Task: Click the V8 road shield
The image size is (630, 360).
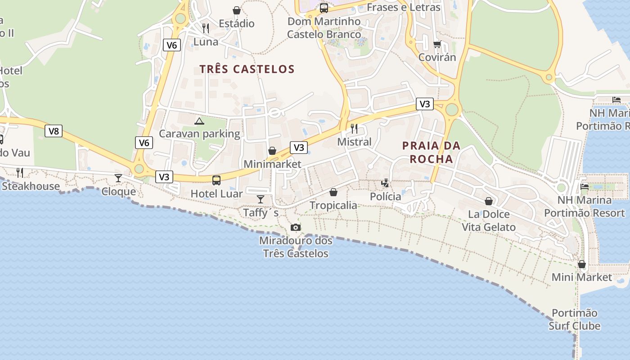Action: [54, 131]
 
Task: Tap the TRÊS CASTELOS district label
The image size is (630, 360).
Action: [247, 69]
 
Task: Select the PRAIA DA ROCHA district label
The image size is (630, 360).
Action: [431, 152]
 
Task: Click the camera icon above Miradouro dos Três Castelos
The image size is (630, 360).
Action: [295, 227]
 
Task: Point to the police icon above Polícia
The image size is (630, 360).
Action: [385, 183]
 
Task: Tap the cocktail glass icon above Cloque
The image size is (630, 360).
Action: [118, 178]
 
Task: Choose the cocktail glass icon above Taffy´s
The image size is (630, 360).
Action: [261, 199]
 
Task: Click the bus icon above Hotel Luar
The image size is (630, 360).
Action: [216, 180]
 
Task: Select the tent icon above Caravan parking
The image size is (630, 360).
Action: [199, 121]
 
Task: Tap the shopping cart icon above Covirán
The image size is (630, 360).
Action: [437, 44]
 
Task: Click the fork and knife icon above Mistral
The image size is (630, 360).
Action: [354, 129]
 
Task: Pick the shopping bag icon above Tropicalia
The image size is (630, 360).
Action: [333, 192]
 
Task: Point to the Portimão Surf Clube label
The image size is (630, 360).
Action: [575, 319]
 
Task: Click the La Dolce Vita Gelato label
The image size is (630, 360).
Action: [489, 220]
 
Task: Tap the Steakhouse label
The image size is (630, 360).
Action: [31, 186]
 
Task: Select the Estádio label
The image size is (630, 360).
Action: [237, 23]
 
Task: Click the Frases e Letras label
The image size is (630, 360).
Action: [404, 7]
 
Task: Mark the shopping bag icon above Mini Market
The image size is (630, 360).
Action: [582, 264]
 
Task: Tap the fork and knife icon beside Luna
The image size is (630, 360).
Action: [206, 28]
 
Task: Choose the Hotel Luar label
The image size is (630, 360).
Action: [216, 194]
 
